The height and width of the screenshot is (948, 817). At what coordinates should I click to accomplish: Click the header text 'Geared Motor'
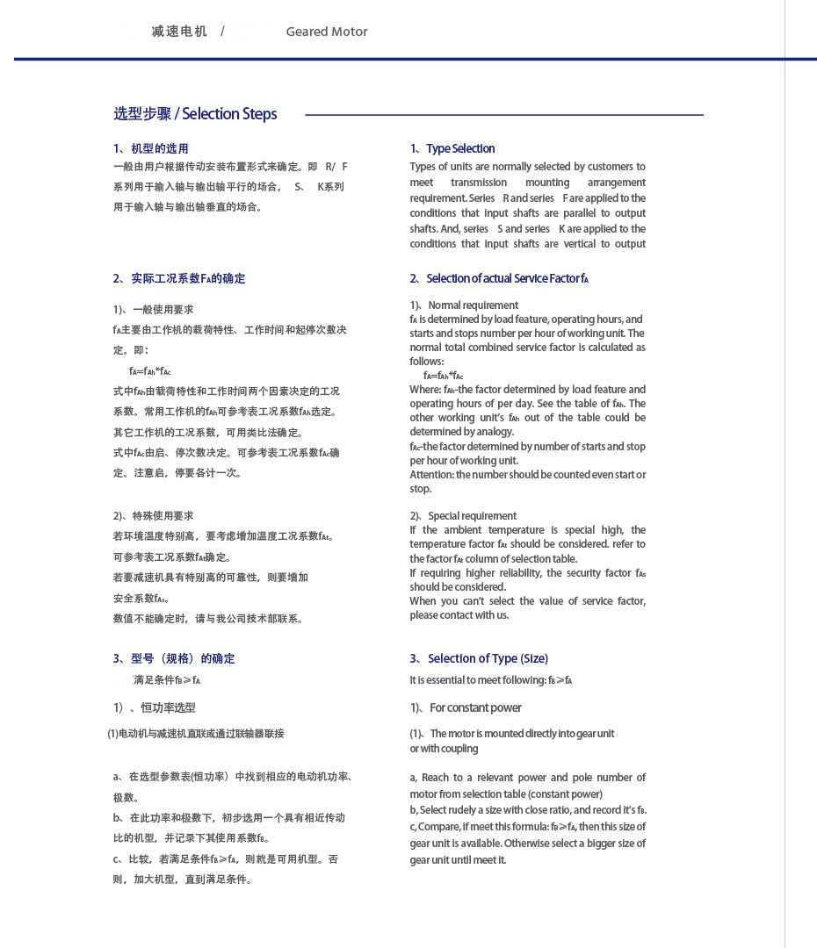[327, 32]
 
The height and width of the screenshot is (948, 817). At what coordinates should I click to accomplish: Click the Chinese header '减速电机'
[179, 32]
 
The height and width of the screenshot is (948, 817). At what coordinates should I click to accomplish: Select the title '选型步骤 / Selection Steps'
[195, 114]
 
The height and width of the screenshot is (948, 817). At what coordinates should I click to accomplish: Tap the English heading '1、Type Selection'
[452, 148]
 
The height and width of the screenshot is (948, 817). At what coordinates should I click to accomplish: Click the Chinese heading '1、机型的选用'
[151, 148]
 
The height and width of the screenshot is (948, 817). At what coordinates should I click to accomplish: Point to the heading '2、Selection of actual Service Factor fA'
[499, 278]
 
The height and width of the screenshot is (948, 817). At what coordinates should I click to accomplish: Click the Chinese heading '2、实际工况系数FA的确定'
[179, 278]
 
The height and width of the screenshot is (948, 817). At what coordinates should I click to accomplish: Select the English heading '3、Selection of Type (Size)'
[479, 658]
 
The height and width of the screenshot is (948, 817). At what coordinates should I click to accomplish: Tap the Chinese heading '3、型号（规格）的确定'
[174, 658]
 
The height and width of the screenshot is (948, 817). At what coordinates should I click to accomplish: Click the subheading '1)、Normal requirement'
[464, 305]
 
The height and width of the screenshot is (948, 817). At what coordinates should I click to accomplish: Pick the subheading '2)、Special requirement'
[463, 516]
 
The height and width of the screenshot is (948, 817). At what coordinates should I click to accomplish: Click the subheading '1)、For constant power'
[466, 707]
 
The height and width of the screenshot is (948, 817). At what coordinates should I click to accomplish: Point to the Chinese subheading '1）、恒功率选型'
[155, 707]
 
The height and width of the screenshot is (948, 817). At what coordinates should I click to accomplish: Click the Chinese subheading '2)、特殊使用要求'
[154, 516]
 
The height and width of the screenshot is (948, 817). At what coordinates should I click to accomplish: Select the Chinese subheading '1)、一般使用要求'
[154, 310]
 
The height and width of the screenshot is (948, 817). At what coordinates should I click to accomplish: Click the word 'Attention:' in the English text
[431, 475]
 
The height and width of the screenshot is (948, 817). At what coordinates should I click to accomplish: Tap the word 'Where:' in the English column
[425, 390]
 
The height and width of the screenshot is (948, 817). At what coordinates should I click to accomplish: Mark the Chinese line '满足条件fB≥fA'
[167, 680]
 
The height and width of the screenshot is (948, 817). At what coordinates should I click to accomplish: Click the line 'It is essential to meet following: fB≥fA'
[491, 680]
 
